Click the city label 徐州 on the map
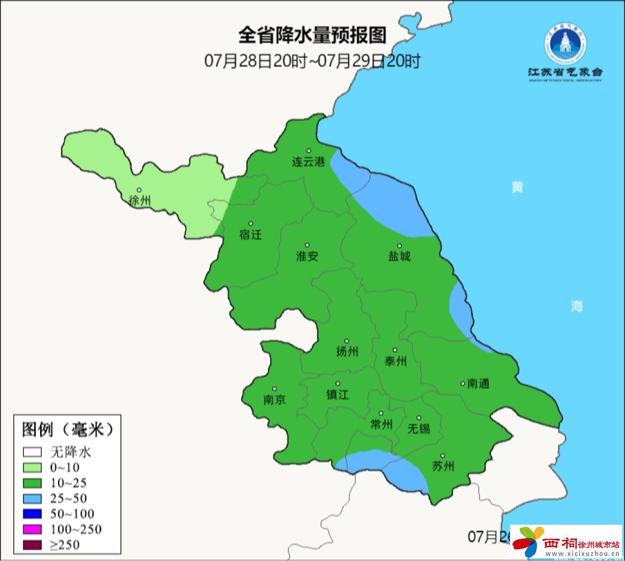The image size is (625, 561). [140, 201]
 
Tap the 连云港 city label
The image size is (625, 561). [308, 162]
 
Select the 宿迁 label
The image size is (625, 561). [250, 234]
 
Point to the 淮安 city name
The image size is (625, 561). [307, 256]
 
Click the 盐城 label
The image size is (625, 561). [399, 256]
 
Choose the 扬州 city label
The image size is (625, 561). [347, 351]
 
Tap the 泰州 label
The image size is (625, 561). [395, 361]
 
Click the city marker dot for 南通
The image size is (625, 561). [463, 383]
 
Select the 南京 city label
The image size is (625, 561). [274, 400]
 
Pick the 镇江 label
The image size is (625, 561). [337, 394]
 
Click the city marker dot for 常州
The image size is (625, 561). [381, 414]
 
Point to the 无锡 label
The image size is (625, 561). [419, 428]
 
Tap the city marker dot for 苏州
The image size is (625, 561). [443, 456]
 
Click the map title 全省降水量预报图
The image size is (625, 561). [312, 36]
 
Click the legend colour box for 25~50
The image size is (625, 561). [32, 498]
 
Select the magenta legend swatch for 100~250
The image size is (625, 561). [32, 529]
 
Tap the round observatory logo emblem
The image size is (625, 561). [565, 46]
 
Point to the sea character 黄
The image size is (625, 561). [517, 188]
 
